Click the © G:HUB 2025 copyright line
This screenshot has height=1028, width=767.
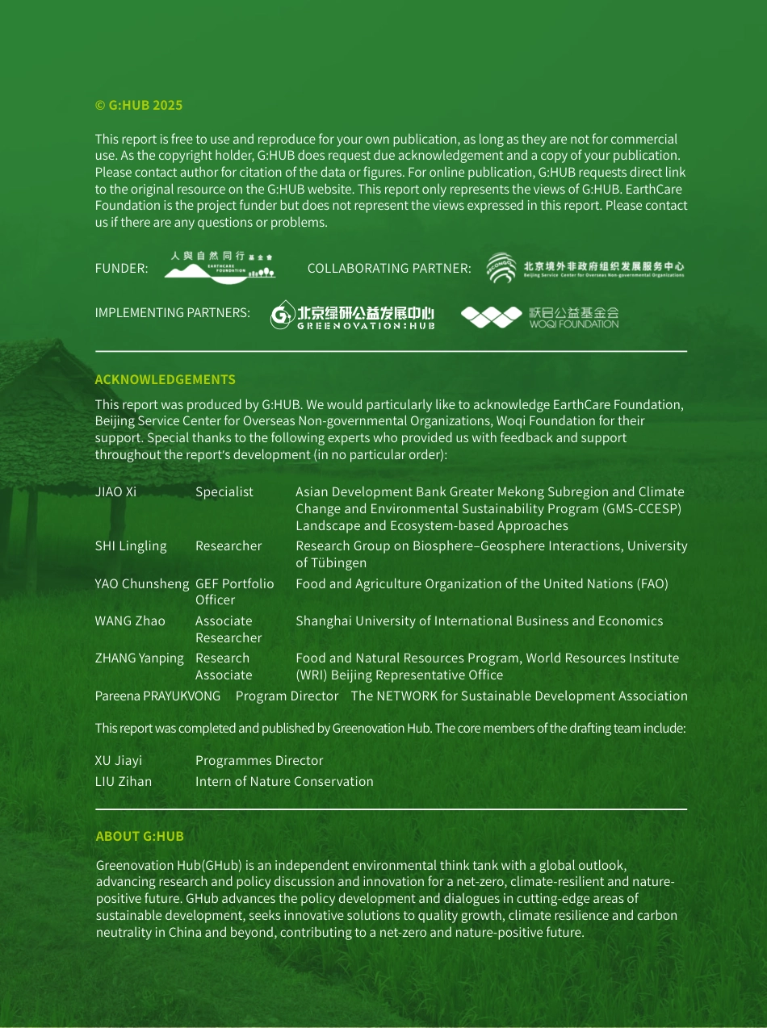[139, 105]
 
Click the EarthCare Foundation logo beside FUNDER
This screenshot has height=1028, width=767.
[220, 267]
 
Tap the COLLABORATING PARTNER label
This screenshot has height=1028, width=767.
[389, 268]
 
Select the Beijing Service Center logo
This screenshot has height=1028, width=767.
[585, 268]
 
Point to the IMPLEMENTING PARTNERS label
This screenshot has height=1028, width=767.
[172, 312]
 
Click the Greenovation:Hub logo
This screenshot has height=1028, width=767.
[353, 316]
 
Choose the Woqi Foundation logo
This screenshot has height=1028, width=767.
[539, 317]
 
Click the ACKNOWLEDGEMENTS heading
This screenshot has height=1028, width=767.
[165, 379]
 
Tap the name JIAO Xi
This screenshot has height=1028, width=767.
[115, 491]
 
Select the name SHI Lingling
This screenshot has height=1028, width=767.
[131, 545]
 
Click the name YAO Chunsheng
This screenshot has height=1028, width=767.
[142, 583]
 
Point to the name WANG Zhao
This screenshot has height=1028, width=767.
[130, 621]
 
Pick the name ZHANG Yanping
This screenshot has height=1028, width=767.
[140, 658]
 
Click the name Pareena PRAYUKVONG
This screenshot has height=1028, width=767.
[157, 696]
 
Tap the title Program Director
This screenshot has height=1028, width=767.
[287, 696]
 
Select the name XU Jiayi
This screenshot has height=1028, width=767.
[119, 760]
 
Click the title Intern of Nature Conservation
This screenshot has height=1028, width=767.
[284, 781]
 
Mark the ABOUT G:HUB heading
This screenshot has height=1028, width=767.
[140, 836]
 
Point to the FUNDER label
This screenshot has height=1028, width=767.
[121, 268]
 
